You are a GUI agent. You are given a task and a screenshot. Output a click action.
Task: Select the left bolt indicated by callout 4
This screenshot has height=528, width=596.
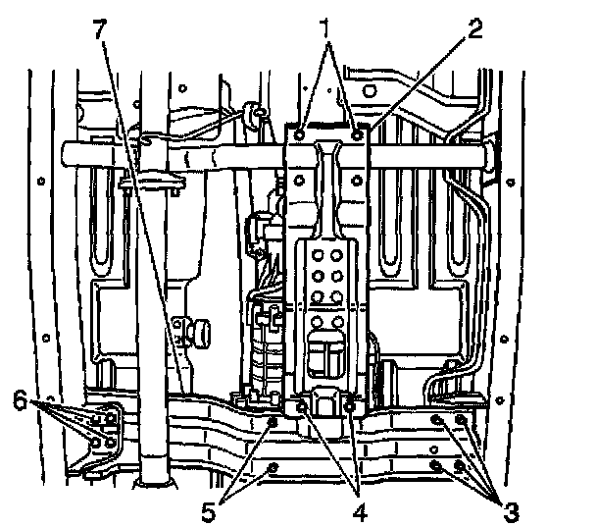pos(301,404)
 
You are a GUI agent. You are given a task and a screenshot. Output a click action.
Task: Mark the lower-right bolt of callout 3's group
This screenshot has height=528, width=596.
pos(461,464)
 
